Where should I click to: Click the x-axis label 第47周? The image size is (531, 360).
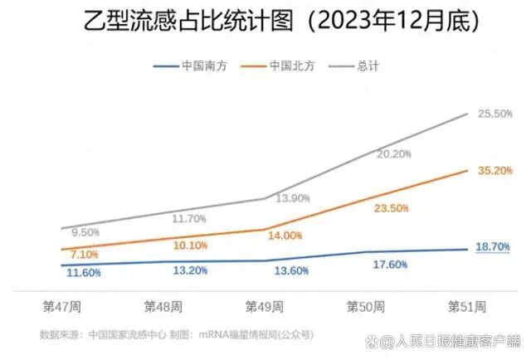[61, 307]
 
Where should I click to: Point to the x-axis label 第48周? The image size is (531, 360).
[163, 307]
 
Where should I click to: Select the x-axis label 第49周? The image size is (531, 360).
[264, 307]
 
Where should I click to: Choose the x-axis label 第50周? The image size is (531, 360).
[366, 307]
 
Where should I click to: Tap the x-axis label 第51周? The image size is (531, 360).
[467, 307]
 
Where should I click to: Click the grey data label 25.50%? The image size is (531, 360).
[494, 114]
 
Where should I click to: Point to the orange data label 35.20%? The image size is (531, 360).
[494, 170]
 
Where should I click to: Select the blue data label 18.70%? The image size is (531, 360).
[493, 247]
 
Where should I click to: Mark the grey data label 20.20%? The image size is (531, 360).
[393, 154]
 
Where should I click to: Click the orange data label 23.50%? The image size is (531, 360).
[392, 209]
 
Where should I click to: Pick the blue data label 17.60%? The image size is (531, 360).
[390, 265]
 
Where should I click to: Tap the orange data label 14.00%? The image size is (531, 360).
[285, 236]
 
